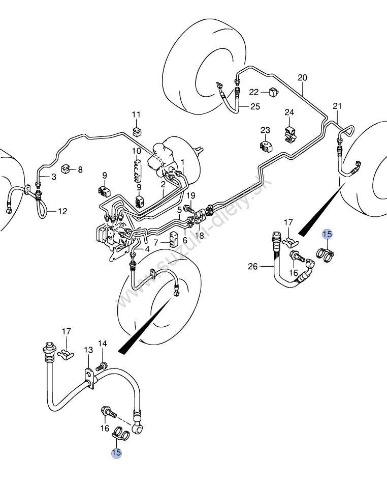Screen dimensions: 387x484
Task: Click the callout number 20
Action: (302, 77)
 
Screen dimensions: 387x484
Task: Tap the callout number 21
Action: (337, 106)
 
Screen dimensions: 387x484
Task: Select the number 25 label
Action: (255, 106)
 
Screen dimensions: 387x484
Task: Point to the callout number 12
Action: (62, 211)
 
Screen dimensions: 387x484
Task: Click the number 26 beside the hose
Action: (252, 266)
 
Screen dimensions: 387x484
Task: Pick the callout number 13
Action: (88, 350)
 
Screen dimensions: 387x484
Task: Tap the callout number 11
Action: (136, 115)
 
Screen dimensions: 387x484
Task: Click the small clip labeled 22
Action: (273, 92)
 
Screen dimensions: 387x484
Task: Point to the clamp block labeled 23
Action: (267, 146)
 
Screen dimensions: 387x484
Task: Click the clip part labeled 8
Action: (66, 169)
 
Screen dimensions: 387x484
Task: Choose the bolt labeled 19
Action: (188, 209)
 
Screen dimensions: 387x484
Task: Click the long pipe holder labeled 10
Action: (138, 170)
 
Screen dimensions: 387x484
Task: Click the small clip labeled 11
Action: (137, 131)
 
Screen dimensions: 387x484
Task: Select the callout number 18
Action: (200, 236)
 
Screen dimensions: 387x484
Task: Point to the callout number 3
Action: (54, 177)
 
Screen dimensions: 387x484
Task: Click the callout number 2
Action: (163, 185)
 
